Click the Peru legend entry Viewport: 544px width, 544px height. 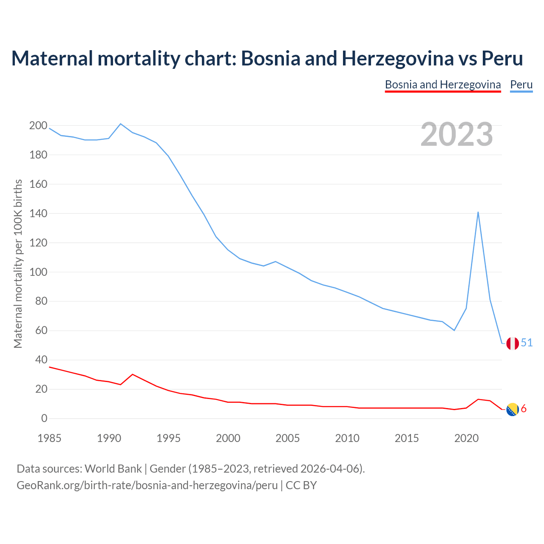coord(521,85)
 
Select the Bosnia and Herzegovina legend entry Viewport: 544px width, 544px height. coord(442,85)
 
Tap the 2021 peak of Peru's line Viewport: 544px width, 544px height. coord(478,212)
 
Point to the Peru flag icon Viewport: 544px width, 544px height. coord(513,343)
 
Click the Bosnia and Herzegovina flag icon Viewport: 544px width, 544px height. coord(513,409)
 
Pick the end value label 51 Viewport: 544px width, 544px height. coord(527,343)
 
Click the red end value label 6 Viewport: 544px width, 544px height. coord(524,409)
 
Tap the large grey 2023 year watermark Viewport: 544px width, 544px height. coord(457,134)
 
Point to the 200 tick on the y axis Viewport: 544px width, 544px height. coord(38,125)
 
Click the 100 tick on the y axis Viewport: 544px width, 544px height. coord(38,272)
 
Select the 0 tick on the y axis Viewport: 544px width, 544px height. coord(44,419)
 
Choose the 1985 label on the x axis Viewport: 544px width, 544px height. coord(49,438)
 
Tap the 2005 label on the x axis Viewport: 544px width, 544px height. coord(288,438)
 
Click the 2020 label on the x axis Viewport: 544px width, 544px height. coord(466,438)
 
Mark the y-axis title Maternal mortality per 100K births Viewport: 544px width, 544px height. coord(18,263)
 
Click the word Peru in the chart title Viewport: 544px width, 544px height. coord(502,58)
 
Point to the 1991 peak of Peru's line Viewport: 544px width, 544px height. coord(121,124)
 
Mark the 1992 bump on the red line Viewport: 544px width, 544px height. coord(133,374)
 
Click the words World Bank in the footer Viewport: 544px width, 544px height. coord(113,469)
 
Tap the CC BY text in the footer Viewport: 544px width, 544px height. coord(301,485)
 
